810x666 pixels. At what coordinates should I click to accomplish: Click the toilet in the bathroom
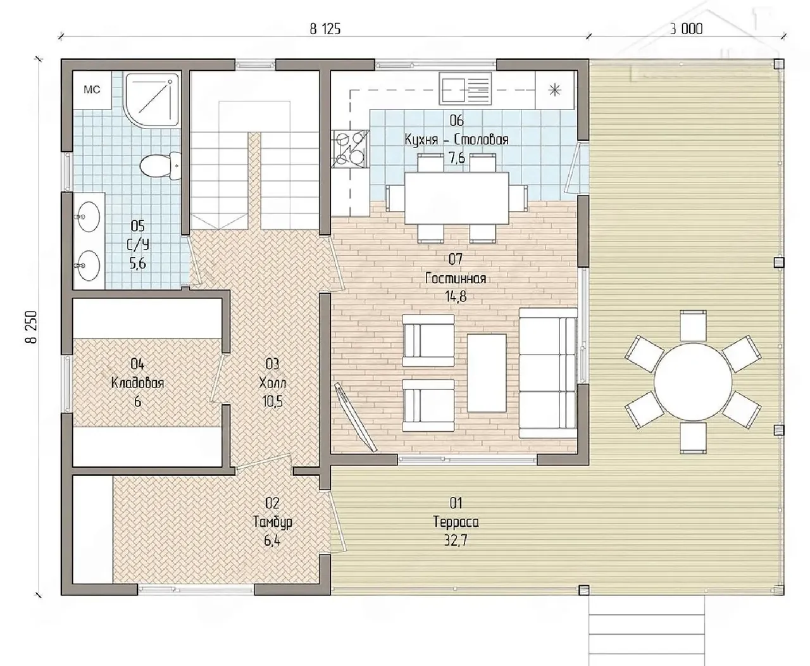[160, 166]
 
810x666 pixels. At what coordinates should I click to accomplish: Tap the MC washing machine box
[92, 90]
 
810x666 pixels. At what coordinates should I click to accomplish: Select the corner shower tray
[152, 100]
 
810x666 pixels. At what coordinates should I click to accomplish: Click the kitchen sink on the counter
[465, 89]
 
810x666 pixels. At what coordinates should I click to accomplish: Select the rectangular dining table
[457, 198]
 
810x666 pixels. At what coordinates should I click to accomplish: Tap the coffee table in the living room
[487, 373]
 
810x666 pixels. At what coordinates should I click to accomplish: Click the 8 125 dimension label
[325, 29]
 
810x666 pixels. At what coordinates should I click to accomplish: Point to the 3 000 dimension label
[687, 29]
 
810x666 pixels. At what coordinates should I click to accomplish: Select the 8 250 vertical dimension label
[31, 327]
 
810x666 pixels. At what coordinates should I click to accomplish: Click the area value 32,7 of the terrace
[456, 541]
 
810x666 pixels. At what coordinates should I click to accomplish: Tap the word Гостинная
[456, 278]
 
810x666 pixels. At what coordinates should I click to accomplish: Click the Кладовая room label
[137, 383]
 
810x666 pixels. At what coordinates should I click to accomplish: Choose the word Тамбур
[273, 522]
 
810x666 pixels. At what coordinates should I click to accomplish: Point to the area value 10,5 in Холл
[273, 401]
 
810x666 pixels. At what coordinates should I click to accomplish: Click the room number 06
[457, 121]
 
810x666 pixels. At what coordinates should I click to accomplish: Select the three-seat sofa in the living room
[548, 373]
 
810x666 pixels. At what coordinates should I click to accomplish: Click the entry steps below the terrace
[647, 631]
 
